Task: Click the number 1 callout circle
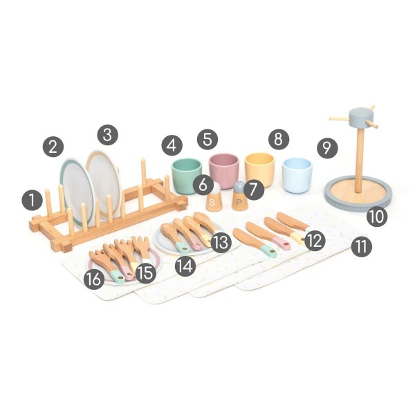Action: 32,200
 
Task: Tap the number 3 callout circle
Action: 107,135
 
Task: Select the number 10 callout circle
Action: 377,216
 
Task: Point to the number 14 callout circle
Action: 185,266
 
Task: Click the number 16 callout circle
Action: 94,279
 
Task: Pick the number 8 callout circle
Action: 279,139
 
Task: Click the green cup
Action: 186,175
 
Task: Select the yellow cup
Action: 259,169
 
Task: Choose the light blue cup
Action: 297,175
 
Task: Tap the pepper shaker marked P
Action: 239,196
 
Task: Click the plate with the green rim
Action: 77,192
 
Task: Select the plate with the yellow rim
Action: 104,183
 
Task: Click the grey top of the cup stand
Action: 360,118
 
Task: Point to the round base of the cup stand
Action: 358,194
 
